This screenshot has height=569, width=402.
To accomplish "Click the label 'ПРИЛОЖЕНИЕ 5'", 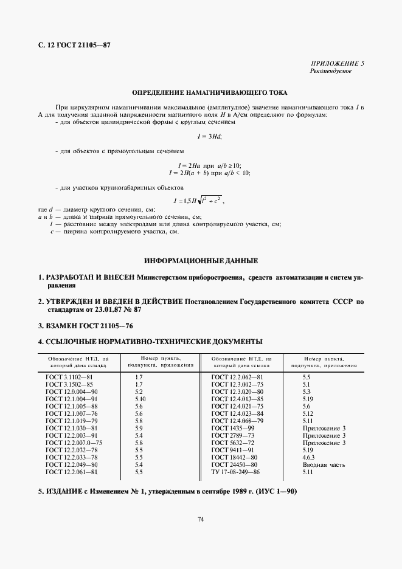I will tap(338, 64).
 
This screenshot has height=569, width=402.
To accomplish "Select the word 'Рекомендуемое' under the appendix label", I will tap(332, 71).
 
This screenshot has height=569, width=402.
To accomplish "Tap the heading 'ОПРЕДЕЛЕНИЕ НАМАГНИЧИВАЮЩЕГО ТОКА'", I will tap(201, 94).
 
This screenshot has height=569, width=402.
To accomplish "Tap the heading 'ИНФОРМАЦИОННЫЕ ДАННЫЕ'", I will tap(201, 261).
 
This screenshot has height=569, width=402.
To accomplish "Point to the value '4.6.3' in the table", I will tap(310, 457).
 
